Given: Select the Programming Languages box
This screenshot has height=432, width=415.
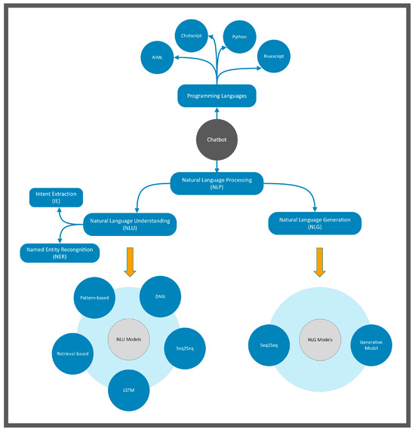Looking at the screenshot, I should [217, 96].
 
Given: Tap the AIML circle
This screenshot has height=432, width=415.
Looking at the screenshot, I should [157, 58].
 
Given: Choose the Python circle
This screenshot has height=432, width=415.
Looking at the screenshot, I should [239, 36].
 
